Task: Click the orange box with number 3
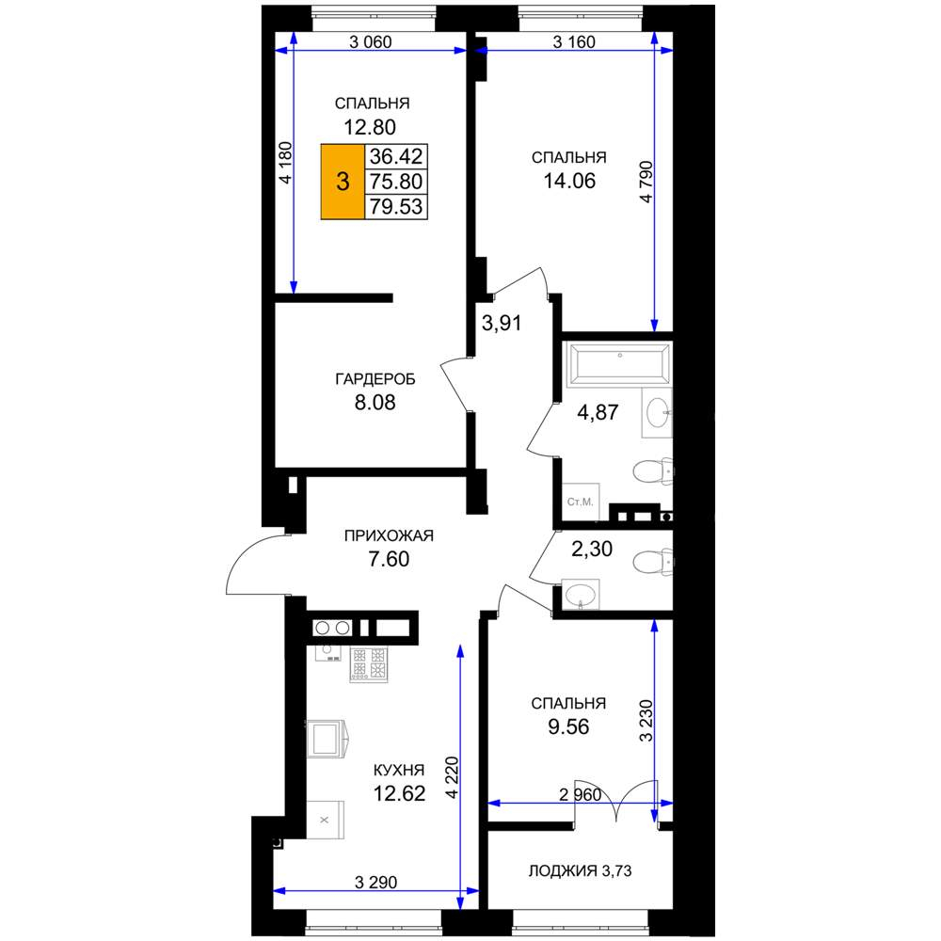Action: coord(343,182)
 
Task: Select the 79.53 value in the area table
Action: coord(396,206)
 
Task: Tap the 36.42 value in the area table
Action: coord(396,156)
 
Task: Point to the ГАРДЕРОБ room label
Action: coord(375,379)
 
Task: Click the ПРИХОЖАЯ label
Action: coord(389,535)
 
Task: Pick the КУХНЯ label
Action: coord(399,770)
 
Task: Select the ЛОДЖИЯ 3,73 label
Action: coord(580,870)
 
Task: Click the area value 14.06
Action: coord(569,181)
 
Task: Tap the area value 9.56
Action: coord(568,726)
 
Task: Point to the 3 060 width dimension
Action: coord(370,42)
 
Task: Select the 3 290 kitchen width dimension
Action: coord(375,883)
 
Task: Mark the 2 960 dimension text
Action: coord(580,794)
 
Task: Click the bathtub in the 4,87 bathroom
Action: coord(620,362)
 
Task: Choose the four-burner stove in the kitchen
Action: coord(369,664)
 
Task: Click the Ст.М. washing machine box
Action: coord(581,502)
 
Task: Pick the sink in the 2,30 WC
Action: coord(581,595)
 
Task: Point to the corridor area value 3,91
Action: coord(502,324)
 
